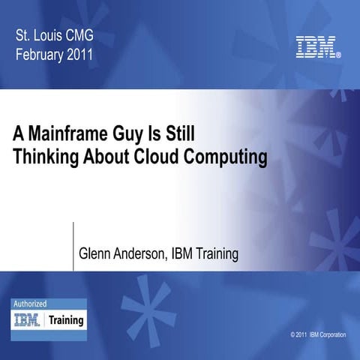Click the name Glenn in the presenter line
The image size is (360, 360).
pyautogui.click(x=97, y=254)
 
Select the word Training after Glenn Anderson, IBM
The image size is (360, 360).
pyautogui.click(x=214, y=255)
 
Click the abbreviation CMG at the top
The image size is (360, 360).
pyautogui.click(x=82, y=34)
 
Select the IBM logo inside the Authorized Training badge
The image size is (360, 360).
pyautogui.click(x=28, y=320)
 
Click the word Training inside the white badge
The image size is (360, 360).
pyautogui.click(x=66, y=320)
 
